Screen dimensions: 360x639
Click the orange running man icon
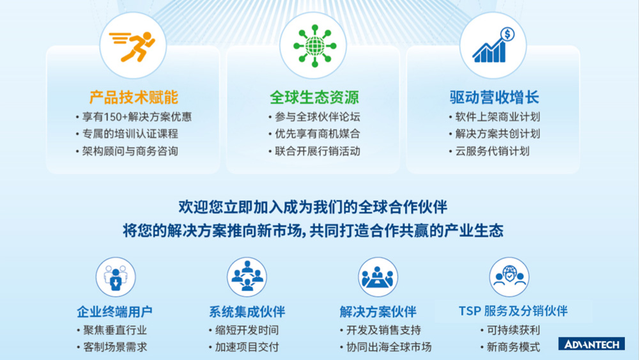point(132,46)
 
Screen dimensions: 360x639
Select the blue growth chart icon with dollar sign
point(493,46)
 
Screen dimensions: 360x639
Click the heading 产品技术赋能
point(133,97)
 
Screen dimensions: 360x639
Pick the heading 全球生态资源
point(314,97)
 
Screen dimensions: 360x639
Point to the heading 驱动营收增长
point(494,97)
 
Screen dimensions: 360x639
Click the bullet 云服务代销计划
point(492,152)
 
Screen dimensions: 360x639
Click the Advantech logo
point(591,344)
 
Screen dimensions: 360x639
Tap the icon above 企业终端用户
point(116,277)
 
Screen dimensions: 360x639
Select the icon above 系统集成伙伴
point(247,277)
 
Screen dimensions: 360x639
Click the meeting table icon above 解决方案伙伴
point(378,277)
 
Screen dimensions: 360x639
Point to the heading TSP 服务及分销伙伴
point(513,311)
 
